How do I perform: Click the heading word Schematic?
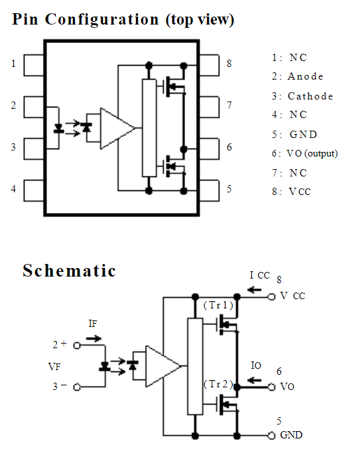click(70, 271)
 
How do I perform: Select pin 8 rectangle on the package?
click(209, 65)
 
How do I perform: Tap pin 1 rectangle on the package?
click(34, 65)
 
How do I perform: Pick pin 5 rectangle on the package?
click(209, 190)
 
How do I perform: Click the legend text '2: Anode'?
click(297, 76)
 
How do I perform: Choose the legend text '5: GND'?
click(294, 135)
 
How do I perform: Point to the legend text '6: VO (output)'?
click(304, 153)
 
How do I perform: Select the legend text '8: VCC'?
click(291, 192)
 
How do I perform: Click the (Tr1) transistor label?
click(218, 305)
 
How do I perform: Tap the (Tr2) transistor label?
click(218, 384)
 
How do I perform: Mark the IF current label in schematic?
click(93, 324)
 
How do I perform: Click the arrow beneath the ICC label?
click(255, 290)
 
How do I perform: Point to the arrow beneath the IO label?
click(255, 380)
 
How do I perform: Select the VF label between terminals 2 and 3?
click(54, 367)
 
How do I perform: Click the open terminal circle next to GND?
click(271, 436)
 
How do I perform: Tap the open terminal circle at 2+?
click(77, 346)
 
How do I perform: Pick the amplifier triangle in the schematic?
click(163, 366)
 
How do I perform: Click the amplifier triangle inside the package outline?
click(117, 128)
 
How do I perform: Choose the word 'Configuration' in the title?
click(102, 20)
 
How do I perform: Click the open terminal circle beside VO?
click(271, 387)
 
